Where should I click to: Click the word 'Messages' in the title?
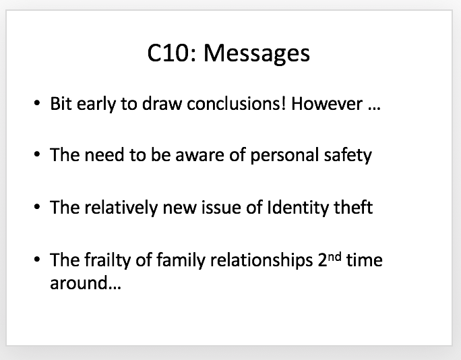coord(257,55)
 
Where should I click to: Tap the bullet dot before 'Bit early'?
coord(37,103)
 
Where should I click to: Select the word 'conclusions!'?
coord(237,104)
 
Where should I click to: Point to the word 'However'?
coord(327,104)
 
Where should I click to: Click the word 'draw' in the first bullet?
coord(162,104)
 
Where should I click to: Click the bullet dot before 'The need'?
coord(37,154)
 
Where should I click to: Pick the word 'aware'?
coord(199,155)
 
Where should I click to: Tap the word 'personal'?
coord(284,156)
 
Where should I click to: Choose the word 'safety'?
coord(348,155)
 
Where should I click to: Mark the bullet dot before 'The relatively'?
coord(37,207)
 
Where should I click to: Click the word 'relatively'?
coord(121,208)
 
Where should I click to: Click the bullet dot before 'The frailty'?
coord(37,259)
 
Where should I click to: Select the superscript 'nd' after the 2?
coord(334,256)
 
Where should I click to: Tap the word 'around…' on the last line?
coord(86,283)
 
